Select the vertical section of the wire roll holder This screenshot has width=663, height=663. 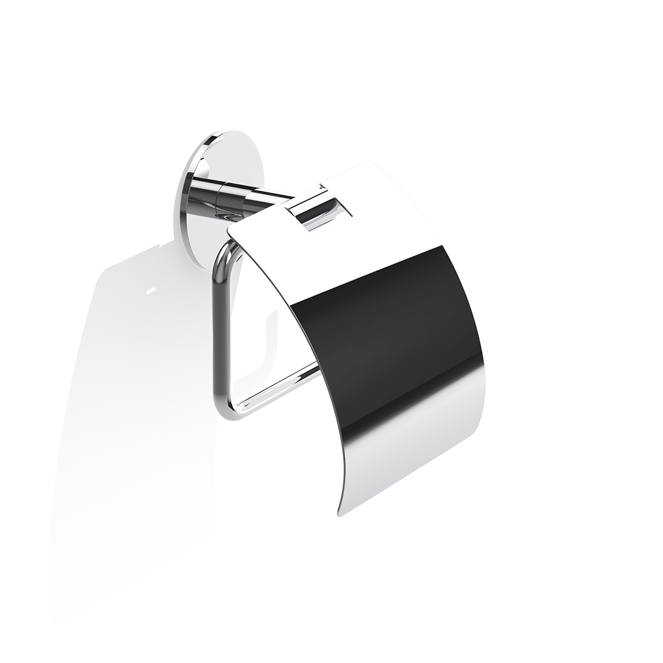[217, 331]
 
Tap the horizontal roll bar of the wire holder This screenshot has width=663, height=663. [276, 387]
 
